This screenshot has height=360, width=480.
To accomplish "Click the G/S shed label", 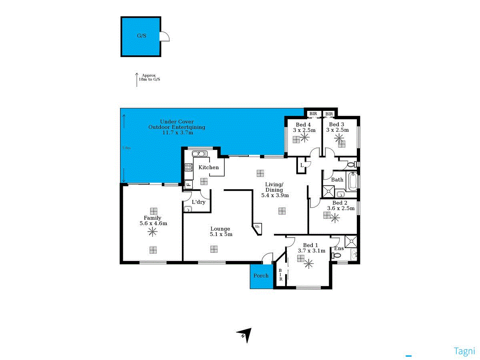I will [142, 36].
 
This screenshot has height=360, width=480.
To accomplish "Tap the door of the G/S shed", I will [164, 37].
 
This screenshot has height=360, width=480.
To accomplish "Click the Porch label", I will [261, 276].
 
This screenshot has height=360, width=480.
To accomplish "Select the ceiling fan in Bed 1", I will [308, 263].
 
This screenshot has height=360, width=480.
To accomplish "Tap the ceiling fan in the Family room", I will [152, 231].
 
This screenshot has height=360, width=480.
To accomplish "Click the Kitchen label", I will [209, 167].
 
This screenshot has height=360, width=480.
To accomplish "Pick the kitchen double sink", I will [198, 154].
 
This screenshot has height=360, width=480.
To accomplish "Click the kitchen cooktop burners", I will [188, 167].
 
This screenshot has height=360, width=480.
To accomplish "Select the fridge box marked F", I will [188, 184].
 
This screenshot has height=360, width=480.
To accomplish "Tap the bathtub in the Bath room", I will [352, 182].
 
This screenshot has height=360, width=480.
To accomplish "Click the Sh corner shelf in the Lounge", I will [257, 227].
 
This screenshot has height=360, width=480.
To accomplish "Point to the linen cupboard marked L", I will [302, 165].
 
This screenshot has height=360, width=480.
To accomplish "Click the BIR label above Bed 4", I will [313, 114].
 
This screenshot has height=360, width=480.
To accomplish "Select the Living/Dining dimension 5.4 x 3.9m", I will [275, 196].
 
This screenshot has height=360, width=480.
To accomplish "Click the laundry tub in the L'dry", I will [188, 208].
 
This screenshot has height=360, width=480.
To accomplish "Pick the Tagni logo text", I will [464, 351].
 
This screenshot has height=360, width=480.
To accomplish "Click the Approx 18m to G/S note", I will [149, 77].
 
